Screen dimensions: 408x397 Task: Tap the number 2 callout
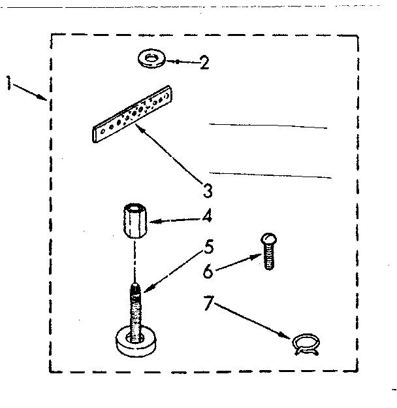point(204,63)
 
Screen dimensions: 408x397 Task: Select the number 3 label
point(207,191)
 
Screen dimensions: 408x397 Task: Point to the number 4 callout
point(207,215)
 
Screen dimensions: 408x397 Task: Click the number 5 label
point(208,247)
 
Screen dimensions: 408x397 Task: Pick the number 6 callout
point(208,271)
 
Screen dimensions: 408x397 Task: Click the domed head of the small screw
point(267,239)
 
